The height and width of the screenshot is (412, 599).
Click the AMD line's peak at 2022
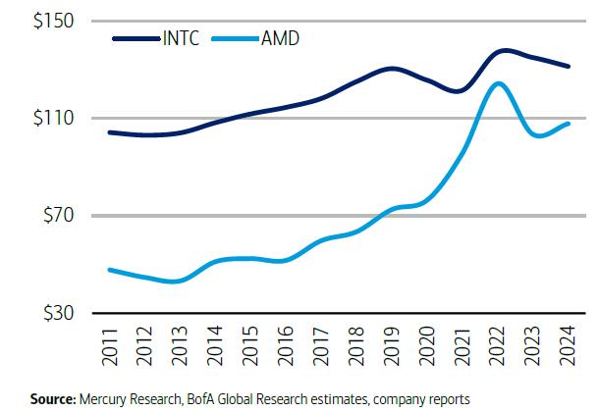click(x=500, y=83)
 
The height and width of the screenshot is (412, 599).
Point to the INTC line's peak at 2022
click(x=503, y=50)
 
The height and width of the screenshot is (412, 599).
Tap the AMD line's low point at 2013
click(x=174, y=282)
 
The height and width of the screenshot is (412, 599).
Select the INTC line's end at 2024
click(x=570, y=67)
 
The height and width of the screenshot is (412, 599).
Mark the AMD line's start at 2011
click(x=108, y=269)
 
